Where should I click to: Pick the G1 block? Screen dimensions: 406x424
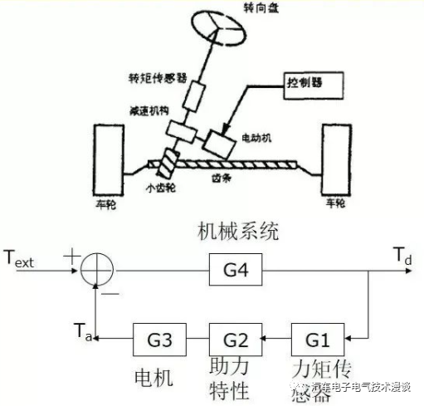pos(314,340)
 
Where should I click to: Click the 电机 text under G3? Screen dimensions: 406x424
pos(152,378)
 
